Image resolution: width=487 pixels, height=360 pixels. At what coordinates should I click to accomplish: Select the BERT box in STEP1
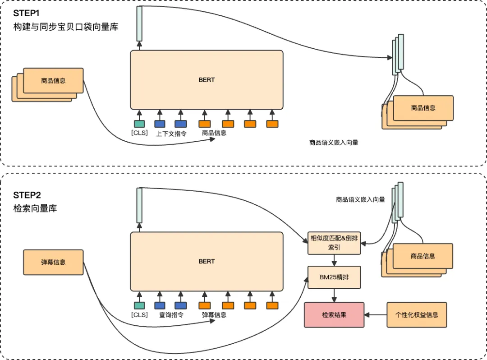(207, 80)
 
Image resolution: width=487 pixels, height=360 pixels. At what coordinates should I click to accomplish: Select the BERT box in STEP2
(207, 262)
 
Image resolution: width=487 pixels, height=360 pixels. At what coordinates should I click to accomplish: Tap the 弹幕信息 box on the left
(53, 262)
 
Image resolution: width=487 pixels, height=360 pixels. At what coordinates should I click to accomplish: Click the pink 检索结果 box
(334, 315)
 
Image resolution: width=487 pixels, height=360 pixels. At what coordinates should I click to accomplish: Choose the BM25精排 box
(334, 277)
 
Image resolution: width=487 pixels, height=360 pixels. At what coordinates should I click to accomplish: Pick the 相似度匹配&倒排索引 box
(334, 242)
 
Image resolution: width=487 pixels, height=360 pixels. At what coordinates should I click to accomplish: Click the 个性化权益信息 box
(417, 315)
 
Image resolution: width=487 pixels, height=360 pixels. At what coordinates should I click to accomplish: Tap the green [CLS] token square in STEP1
(139, 124)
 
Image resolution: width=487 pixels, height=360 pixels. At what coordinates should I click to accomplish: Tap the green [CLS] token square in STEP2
(139, 305)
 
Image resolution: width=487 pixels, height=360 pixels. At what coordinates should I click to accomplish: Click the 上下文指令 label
(171, 134)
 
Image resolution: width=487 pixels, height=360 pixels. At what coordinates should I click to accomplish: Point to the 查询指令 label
(171, 315)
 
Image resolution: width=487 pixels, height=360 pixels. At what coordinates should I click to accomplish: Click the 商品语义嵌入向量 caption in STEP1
(334, 143)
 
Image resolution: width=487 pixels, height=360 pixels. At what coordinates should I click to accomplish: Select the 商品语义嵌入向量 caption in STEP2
(360, 199)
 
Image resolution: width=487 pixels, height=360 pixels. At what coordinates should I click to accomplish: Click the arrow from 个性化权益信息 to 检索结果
(375, 315)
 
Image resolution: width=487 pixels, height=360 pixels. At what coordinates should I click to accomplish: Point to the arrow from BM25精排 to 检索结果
(334, 295)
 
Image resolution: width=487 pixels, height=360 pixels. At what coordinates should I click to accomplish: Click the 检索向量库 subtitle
(35, 209)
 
